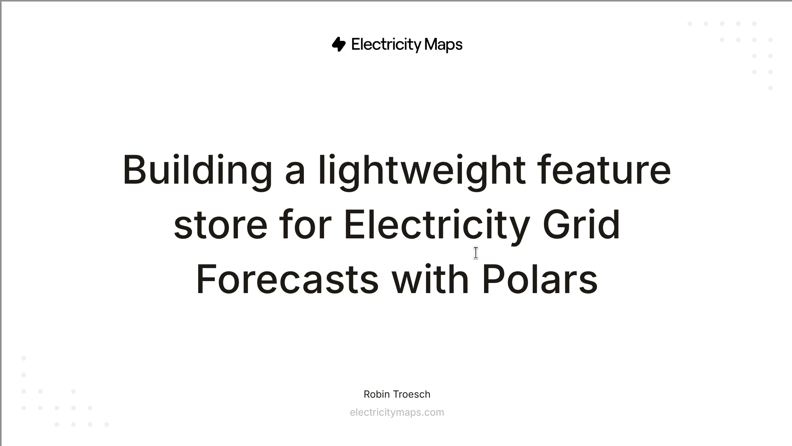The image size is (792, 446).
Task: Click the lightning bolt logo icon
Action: (x=339, y=44)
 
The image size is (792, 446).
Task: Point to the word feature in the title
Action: (x=604, y=171)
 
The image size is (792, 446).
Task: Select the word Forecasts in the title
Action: (x=287, y=279)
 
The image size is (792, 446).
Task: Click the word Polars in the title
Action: (x=540, y=279)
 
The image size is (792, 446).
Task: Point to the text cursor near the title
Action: (x=476, y=253)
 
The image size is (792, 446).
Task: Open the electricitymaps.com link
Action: (x=397, y=413)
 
